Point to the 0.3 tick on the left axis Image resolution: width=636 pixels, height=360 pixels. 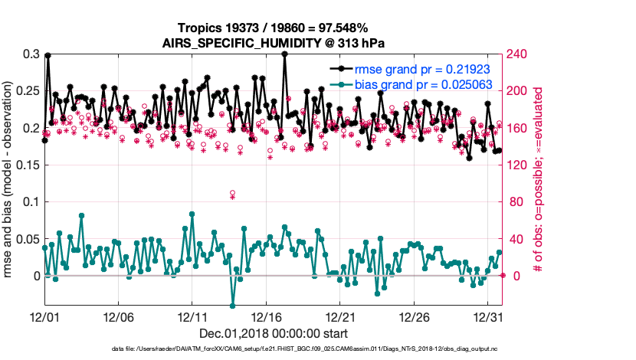[x=31, y=54]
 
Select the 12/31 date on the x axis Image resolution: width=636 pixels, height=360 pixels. [x=488, y=316]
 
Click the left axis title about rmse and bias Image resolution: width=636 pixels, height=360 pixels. [x=10, y=180]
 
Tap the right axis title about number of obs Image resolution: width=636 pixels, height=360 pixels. [x=539, y=180]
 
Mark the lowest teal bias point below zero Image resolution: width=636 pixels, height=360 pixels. [x=232, y=306]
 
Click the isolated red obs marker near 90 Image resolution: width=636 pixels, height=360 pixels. [x=232, y=194]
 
